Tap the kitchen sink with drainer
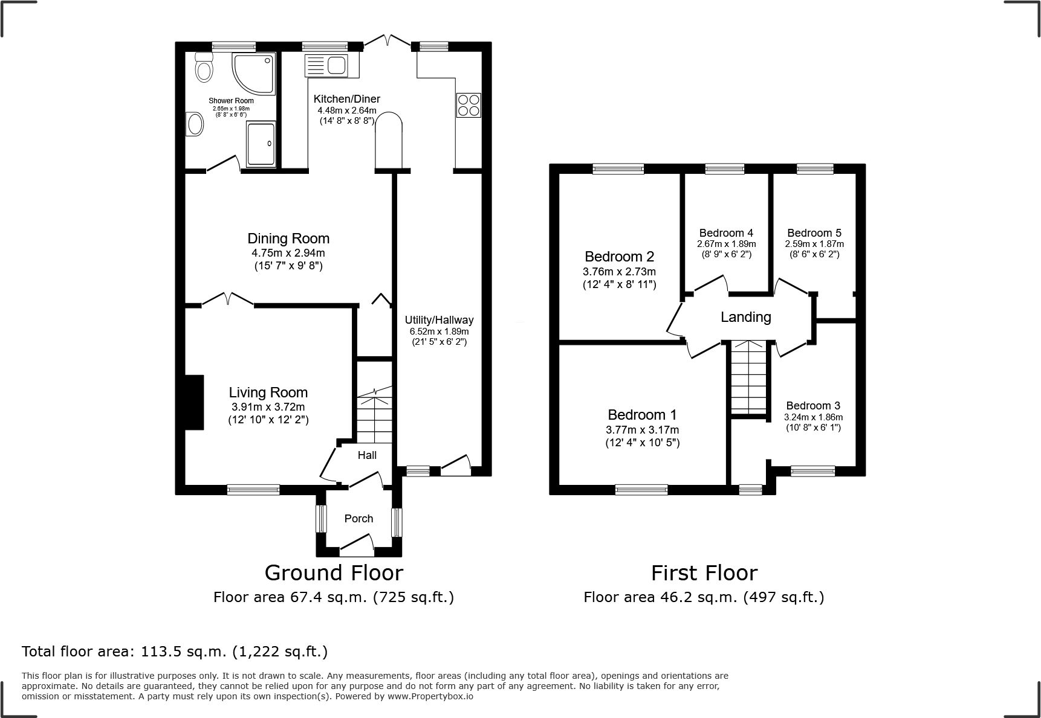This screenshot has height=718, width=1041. pos(326,65)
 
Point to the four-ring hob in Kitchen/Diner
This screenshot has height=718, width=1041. pos(469,105)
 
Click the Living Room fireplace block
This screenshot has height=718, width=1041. pos(194,402)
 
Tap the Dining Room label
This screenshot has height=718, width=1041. pos(288,238)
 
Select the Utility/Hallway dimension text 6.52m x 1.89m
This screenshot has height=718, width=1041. pos(439,332)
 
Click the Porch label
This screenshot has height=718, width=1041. pos(358,519)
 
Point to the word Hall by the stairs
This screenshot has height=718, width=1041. pos(367,455)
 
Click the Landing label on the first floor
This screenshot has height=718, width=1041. pos(745,317)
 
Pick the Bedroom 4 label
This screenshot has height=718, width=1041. pos(726,233)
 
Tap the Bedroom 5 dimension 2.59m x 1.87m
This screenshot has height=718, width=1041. pos(814,244)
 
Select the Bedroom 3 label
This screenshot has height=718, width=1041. pos(813,406)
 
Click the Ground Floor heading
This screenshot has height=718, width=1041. pos(334,572)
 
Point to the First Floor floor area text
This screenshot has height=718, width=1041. pos(704,597)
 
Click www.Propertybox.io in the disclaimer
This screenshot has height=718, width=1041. pos(430,696)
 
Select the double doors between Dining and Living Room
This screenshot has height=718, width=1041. pos(227,300)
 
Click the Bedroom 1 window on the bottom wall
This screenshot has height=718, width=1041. pos(641,490)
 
